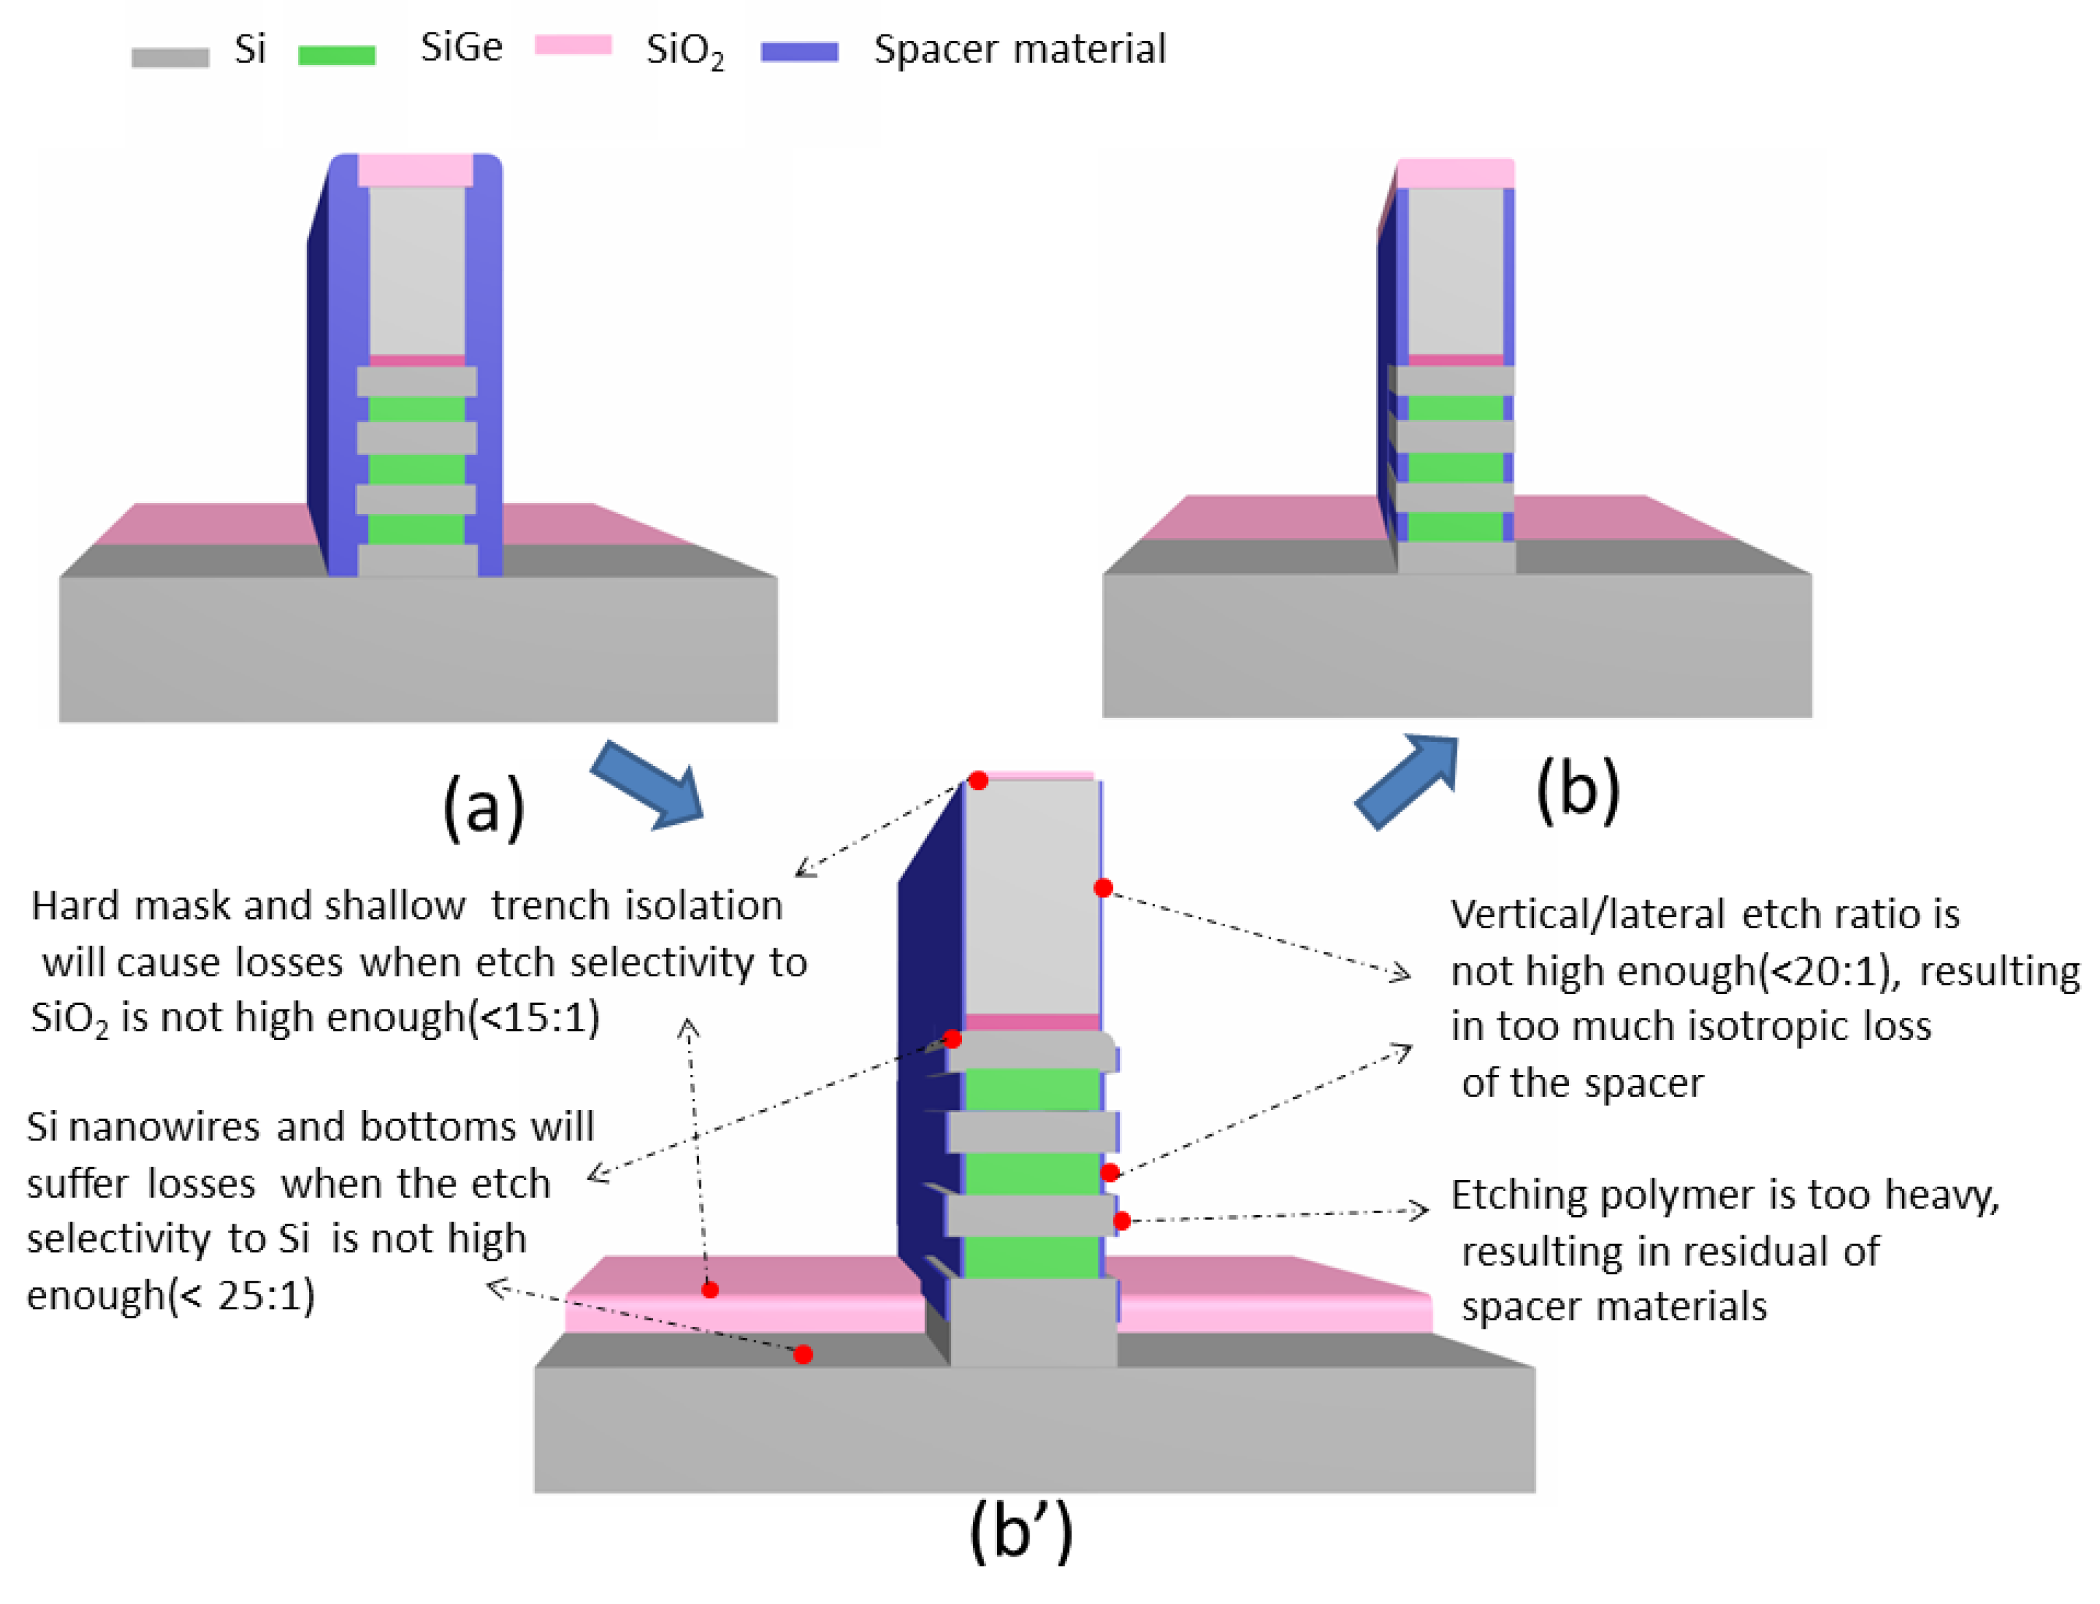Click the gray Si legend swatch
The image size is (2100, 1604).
coord(170,57)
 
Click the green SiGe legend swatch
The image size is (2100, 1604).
coord(336,55)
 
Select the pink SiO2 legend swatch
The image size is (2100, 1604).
coord(573,45)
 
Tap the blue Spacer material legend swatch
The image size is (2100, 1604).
coord(800,51)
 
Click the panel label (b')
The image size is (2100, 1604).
coord(1021,1531)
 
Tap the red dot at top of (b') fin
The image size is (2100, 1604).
coord(978,781)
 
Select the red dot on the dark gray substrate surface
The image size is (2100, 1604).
coord(804,1355)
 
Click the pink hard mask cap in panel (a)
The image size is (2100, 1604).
coord(415,171)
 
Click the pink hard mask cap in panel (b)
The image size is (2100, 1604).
coord(1455,175)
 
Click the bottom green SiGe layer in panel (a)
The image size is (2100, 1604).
coord(416,528)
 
